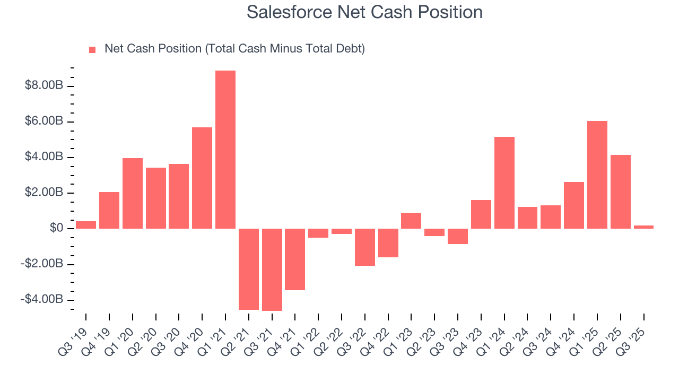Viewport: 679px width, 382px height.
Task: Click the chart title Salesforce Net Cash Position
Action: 364,12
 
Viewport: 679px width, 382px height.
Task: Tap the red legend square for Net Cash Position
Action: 92,49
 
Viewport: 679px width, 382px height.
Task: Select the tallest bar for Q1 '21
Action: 225,150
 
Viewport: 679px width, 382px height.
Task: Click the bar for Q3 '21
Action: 272,270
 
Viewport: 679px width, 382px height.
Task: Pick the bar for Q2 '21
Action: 249,269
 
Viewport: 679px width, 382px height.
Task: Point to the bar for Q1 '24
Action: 504,183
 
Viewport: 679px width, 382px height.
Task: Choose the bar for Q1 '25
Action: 597,175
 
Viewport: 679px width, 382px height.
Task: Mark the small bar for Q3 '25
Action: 643,227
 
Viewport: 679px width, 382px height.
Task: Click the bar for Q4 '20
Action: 202,178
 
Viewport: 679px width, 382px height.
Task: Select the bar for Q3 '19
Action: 86,225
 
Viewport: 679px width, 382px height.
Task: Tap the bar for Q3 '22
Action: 365,247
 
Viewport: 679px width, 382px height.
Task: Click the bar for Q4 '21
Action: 295,259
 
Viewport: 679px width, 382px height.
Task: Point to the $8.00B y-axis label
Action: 44,86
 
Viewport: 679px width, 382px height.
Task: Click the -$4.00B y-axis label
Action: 42,300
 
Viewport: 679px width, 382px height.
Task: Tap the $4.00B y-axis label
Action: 44,157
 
